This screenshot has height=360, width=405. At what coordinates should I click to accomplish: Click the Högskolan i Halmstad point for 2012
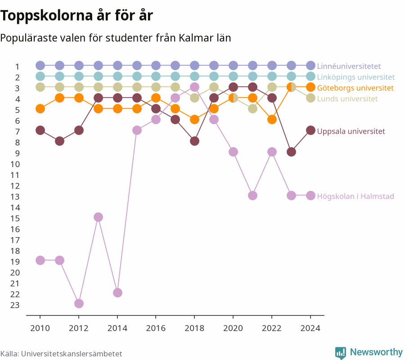click(x=79, y=303)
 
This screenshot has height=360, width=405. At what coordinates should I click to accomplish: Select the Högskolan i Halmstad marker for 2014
click(x=117, y=292)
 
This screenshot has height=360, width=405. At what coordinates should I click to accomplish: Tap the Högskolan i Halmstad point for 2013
click(x=98, y=217)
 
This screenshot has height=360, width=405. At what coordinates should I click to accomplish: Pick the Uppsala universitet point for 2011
click(x=60, y=141)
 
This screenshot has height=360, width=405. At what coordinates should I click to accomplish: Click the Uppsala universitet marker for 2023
click(x=291, y=152)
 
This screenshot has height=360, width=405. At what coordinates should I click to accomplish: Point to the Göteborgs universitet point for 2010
click(x=40, y=109)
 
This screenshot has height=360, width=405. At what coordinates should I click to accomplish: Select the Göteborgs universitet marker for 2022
click(x=272, y=120)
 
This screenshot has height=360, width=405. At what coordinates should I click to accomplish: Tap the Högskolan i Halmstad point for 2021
click(x=252, y=195)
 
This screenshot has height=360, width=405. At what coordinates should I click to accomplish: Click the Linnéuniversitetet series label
click(x=349, y=66)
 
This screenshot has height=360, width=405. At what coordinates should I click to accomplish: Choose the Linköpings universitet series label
click(x=356, y=77)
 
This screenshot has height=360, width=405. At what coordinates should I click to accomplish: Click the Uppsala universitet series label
click(x=351, y=131)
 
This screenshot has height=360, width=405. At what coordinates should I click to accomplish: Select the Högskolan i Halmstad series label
click(x=355, y=196)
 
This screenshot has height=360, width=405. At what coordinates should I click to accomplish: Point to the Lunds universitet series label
click(x=347, y=99)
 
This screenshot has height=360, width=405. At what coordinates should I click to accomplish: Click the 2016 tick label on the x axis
click(x=156, y=328)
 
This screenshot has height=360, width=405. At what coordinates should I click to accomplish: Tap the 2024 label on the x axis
click(x=310, y=328)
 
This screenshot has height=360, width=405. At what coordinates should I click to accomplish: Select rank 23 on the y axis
click(x=15, y=305)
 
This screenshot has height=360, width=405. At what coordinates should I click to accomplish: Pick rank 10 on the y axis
click(x=15, y=164)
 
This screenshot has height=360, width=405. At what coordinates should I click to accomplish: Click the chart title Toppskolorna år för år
click(x=76, y=15)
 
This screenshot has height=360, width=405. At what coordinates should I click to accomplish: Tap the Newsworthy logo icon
click(x=341, y=352)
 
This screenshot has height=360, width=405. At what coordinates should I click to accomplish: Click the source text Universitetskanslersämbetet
click(x=72, y=354)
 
